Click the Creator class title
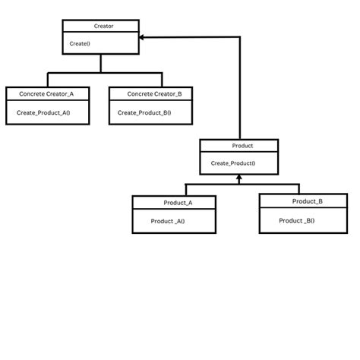[100, 26]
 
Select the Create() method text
[80, 43]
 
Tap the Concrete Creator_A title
[46, 93]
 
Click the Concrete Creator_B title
[150, 93]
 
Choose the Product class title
[239, 145]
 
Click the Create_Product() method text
[232, 163]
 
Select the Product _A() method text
[168, 221]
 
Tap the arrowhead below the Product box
[238, 179]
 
